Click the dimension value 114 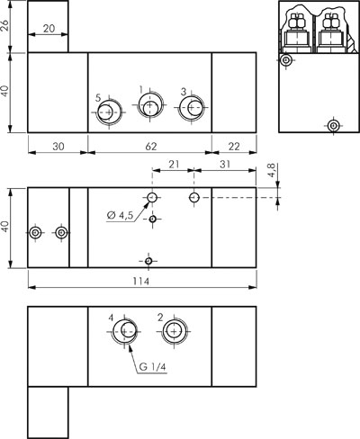pos(141,282)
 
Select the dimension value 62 pos(151,147)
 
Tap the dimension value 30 pos(58,147)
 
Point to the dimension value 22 pos(234,147)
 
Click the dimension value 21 pos(174,165)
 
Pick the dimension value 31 pos(225,165)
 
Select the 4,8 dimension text pos(272,170)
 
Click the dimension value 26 pos(5,25)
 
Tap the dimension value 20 pos(49,29)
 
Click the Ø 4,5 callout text pos(120,215)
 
